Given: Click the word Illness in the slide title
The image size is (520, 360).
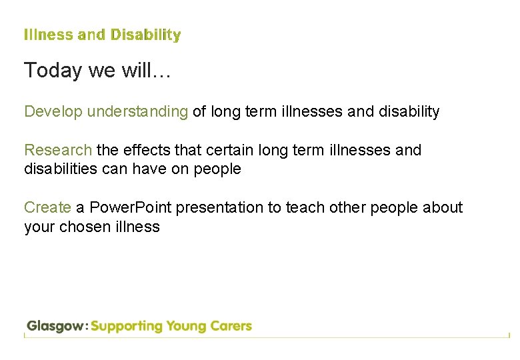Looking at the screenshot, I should point(49,35).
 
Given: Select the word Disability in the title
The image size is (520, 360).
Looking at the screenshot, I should point(145,35).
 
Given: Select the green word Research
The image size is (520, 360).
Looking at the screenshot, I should point(58,150).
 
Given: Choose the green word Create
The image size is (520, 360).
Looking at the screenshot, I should point(47,207).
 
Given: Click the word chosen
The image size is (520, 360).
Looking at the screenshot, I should point(85,227).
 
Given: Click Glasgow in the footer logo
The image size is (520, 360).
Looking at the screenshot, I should point(55,327).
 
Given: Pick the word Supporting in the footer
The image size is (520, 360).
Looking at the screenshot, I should point(127,327).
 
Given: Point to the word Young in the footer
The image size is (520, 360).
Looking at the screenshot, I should point(187,327).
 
